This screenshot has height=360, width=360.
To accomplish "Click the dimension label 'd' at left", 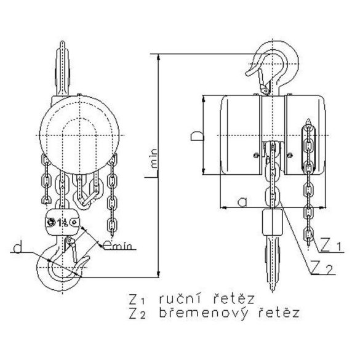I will point(20,249).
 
